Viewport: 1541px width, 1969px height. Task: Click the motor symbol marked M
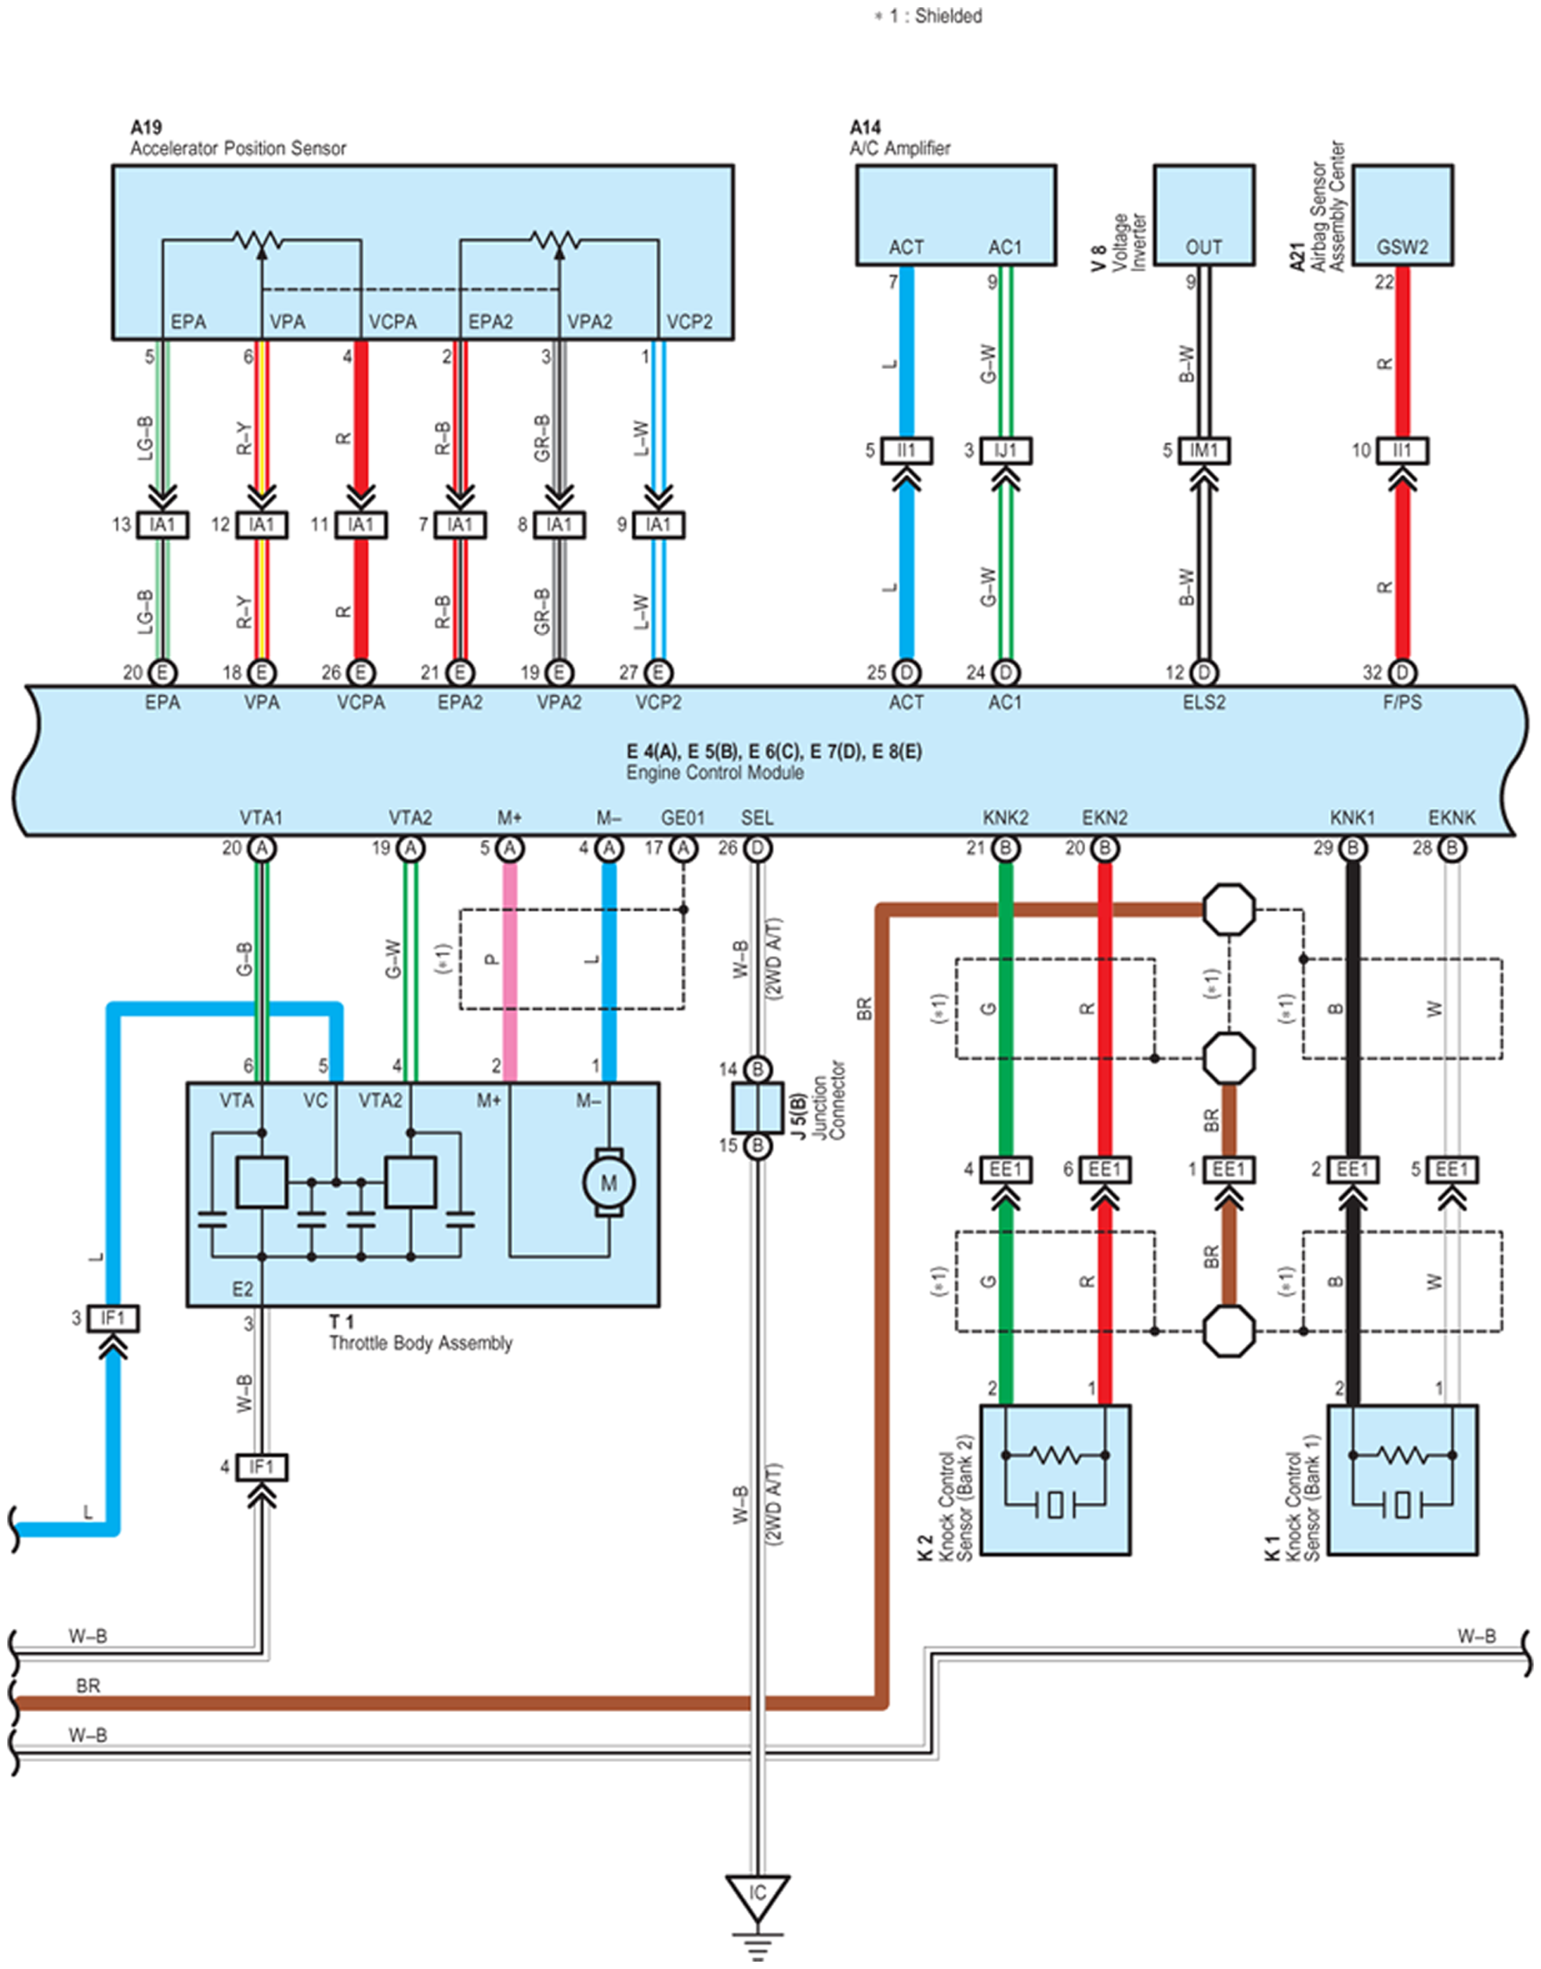[x=609, y=1183]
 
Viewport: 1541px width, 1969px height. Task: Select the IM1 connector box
[x=1204, y=450]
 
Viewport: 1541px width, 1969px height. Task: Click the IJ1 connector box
[x=1005, y=450]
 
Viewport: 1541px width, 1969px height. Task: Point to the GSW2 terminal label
[x=1402, y=247]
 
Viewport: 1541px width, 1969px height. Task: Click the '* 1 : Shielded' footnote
[x=927, y=16]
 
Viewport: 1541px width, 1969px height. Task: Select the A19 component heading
[x=146, y=127]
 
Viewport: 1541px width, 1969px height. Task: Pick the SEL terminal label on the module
[x=757, y=818]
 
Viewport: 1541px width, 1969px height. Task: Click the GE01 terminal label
[x=683, y=818]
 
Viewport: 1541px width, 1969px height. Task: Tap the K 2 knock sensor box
[x=1055, y=1480]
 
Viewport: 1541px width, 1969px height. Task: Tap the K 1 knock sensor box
[x=1402, y=1480]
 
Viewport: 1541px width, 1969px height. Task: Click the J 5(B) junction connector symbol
[x=757, y=1107]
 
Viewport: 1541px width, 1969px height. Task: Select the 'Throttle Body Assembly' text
[x=421, y=1343]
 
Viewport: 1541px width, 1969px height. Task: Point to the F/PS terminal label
[x=1402, y=701]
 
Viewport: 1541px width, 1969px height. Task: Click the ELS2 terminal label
[x=1204, y=701]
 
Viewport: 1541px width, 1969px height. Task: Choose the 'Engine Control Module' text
[x=714, y=772]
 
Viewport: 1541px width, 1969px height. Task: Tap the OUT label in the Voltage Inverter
[x=1204, y=247]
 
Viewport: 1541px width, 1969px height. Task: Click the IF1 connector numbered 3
[x=113, y=1319]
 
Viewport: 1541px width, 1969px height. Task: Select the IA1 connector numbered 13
[x=162, y=525]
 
